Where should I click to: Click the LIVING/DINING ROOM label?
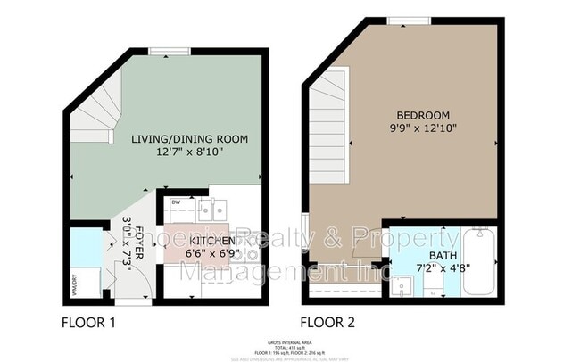tap(189, 139)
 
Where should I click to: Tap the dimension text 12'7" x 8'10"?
tap(189, 154)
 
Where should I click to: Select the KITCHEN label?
tap(211, 241)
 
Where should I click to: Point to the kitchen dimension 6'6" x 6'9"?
tap(211, 255)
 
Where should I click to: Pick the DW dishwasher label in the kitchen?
tap(176, 202)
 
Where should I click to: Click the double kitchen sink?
tap(211, 210)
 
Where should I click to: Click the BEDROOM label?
tap(423, 116)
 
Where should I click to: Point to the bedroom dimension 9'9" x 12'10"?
tap(423, 130)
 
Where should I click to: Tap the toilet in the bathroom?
tap(432, 285)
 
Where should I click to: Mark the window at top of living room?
tap(162, 51)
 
